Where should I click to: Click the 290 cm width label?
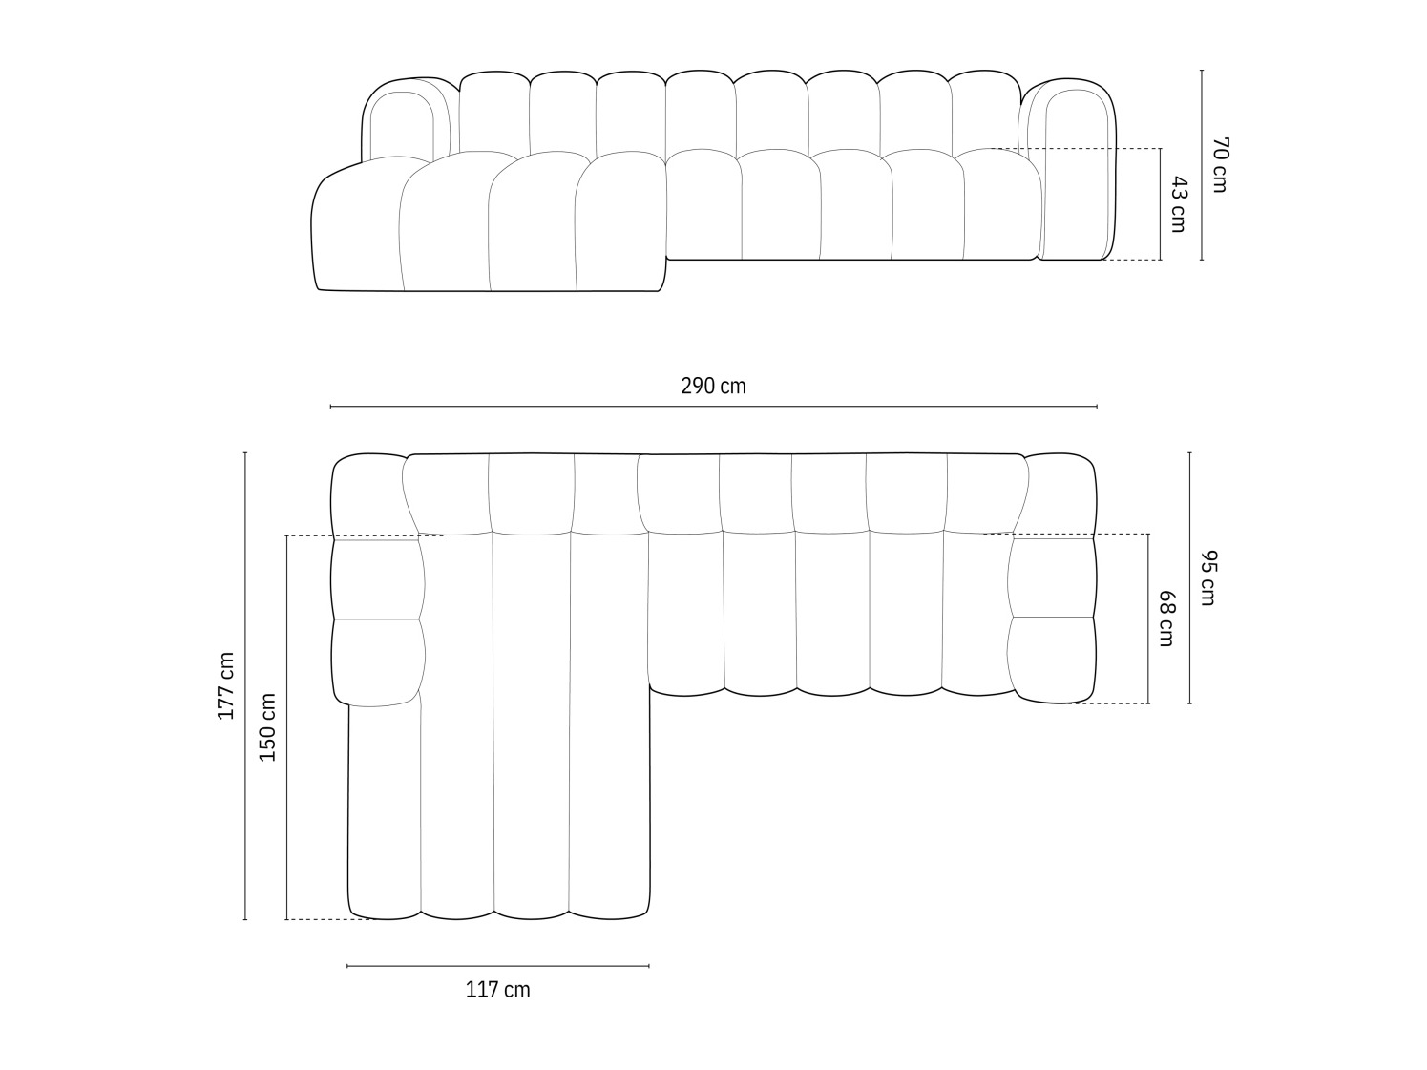[x=713, y=387]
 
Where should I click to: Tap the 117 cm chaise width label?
[x=497, y=990]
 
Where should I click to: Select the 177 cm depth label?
[x=226, y=685]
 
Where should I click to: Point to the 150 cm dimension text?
[x=268, y=727]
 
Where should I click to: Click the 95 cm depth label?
[x=1207, y=578]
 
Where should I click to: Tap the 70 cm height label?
[x=1219, y=165]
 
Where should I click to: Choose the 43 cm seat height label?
[x=1178, y=204]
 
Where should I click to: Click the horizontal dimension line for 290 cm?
[x=713, y=407]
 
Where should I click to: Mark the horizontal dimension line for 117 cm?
[x=497, y=966]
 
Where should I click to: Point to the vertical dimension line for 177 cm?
[x=245, y=685]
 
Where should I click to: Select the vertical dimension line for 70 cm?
[x=1202, y=165]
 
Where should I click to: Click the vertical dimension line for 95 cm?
[x=1189, y=578]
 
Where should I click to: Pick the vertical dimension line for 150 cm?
[x=286, y=727]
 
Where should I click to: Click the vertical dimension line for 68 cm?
[x=1148, y=619]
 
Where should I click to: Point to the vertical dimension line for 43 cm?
[x=1161, y=204]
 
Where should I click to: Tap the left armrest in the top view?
[x=377, y=620]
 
